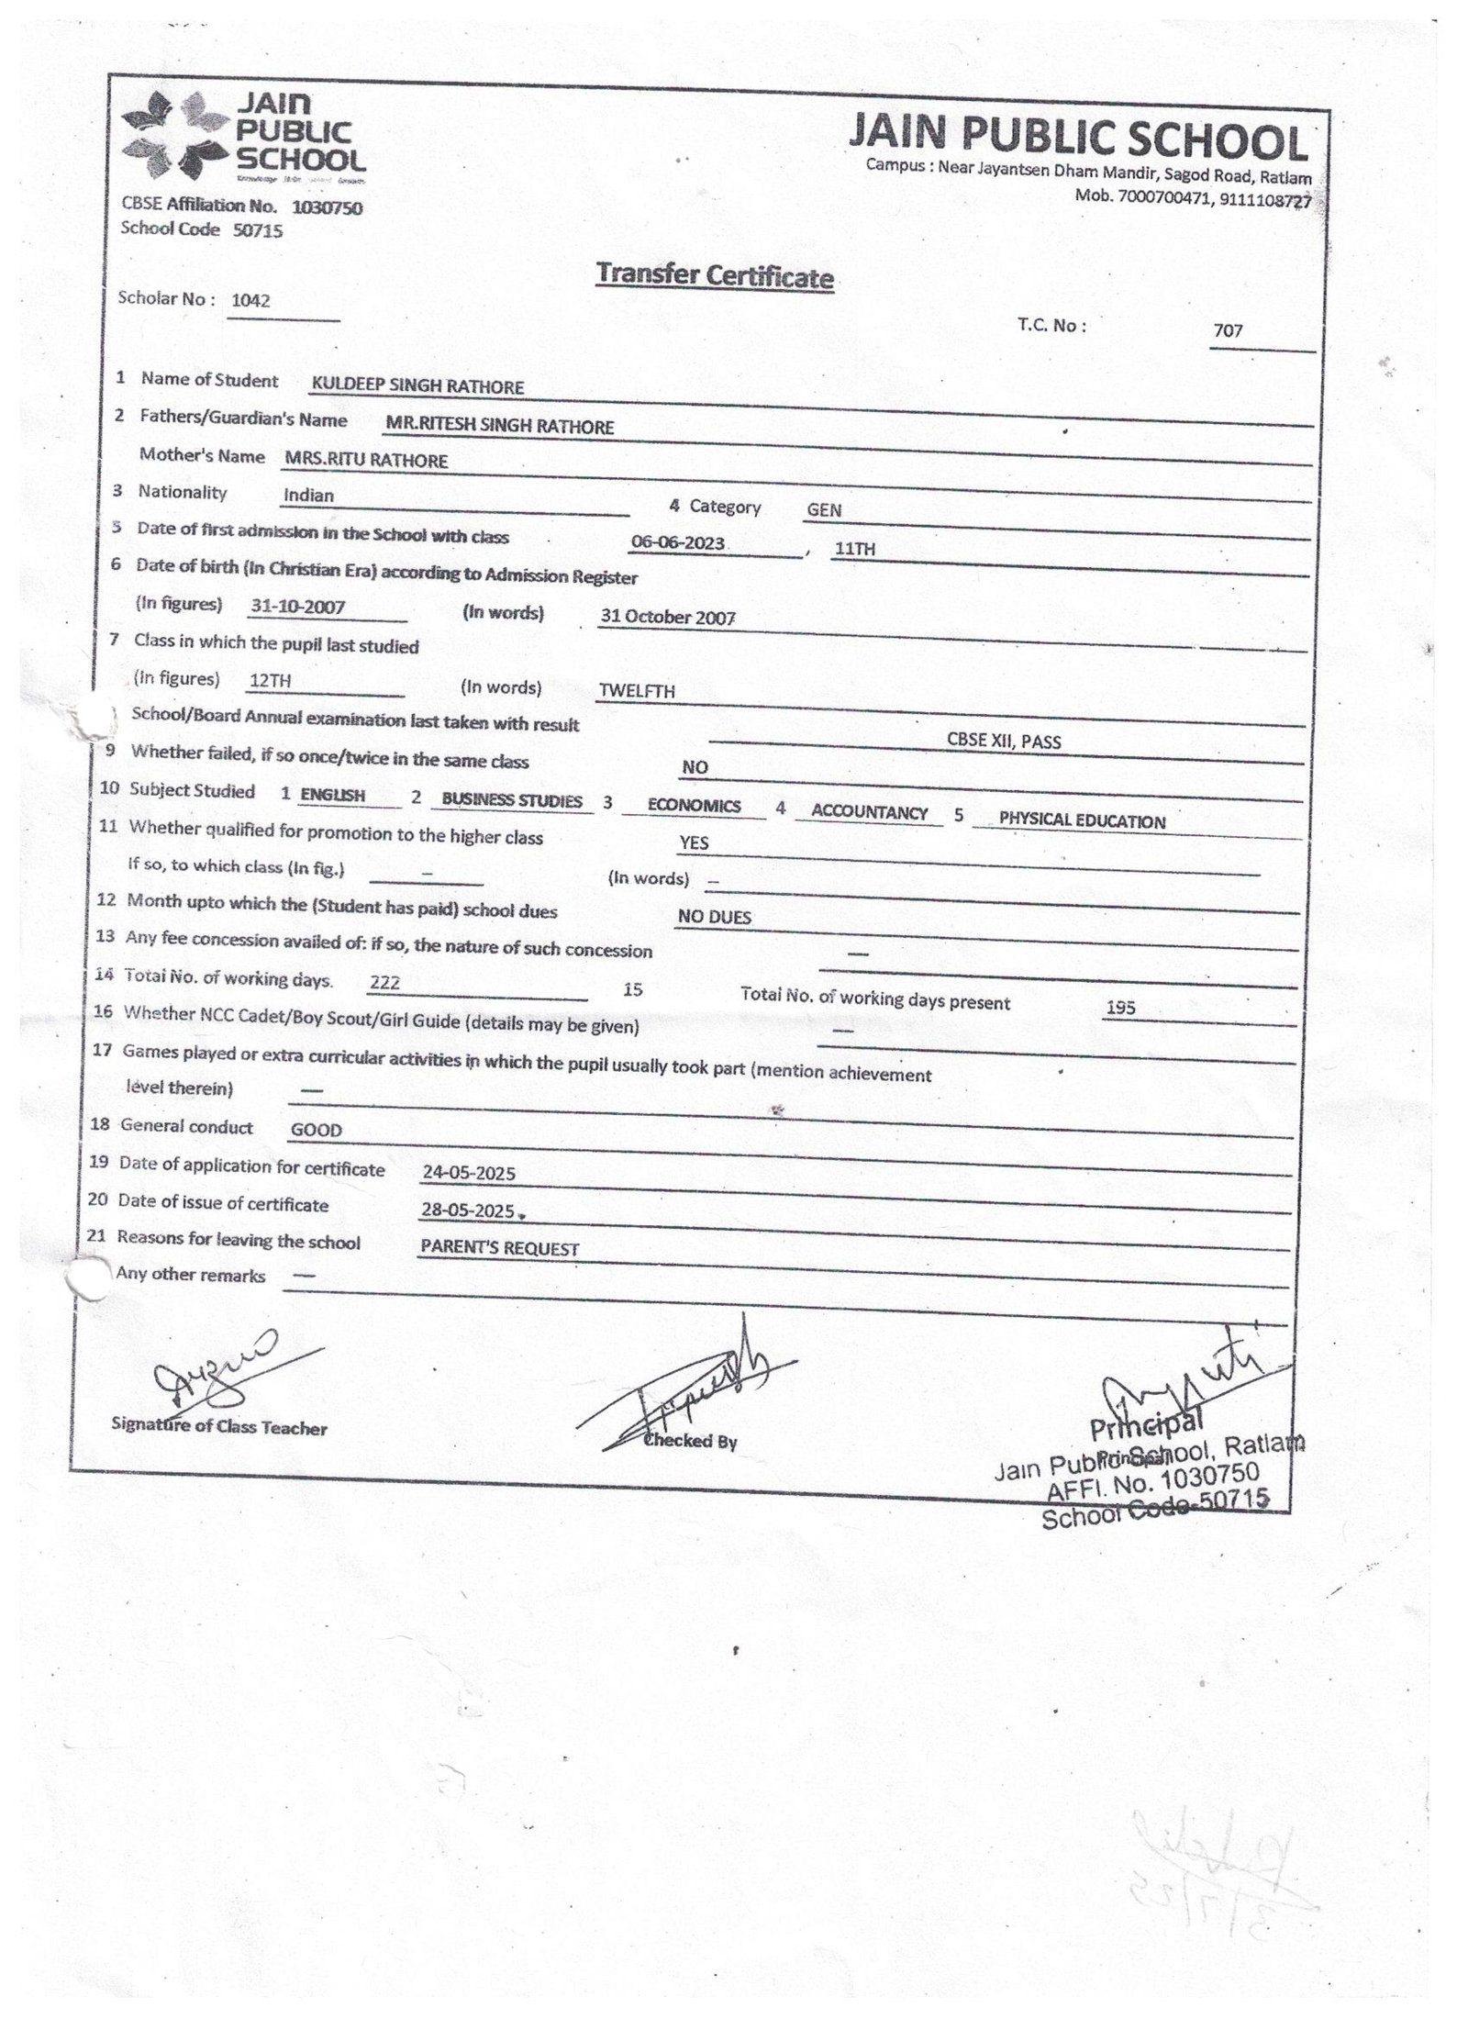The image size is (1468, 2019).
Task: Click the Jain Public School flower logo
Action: (x=174, y=138)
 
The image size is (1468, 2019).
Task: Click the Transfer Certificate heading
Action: (x=715, y=275)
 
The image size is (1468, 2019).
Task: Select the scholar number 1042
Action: (x=250, y=300)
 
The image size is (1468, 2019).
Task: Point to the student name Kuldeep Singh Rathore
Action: (x=417, y=386)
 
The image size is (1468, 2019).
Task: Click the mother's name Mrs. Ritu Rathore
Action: (x=366, y=460)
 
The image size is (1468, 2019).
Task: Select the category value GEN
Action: (x=824, y=510)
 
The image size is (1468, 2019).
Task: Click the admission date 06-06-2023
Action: (x=679, y=542)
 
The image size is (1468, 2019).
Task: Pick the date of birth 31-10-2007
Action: (x=297, y=607)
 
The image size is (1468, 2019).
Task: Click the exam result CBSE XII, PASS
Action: (x=1004, y=742)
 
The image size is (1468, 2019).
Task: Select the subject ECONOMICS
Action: (x=694, y=806)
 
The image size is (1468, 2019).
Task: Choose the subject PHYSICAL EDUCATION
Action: (x=1082, y=821)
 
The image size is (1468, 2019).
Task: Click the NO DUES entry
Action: (x=714, y=917)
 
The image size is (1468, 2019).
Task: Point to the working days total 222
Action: (x=384, y=983)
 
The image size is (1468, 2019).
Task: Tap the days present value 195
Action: (x=1120, y=1008)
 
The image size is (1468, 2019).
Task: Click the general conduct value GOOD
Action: (x=316, y=1131)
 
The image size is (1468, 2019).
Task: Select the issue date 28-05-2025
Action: (x=467, y=1210)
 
